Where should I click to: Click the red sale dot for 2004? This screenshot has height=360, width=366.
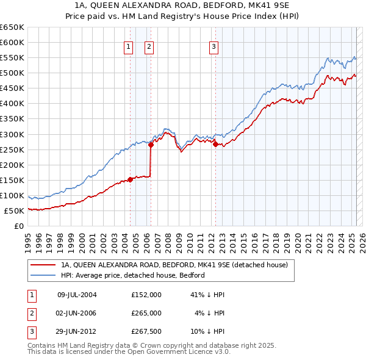[x=130, y=179]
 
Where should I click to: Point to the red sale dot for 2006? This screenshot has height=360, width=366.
[x=150, y=145]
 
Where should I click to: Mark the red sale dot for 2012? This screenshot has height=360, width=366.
[x=215, y=144]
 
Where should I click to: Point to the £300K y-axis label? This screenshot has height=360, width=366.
[x=13, y=134]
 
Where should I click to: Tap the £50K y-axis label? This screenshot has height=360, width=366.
[x=15, y=211]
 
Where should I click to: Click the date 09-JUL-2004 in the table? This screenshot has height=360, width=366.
[x=76, y=294]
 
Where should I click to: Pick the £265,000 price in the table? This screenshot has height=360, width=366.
[x=146, y=313]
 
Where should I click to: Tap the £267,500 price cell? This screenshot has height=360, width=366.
[x=146, y=332]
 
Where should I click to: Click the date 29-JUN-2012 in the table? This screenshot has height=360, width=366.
[x=76, y=332]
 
